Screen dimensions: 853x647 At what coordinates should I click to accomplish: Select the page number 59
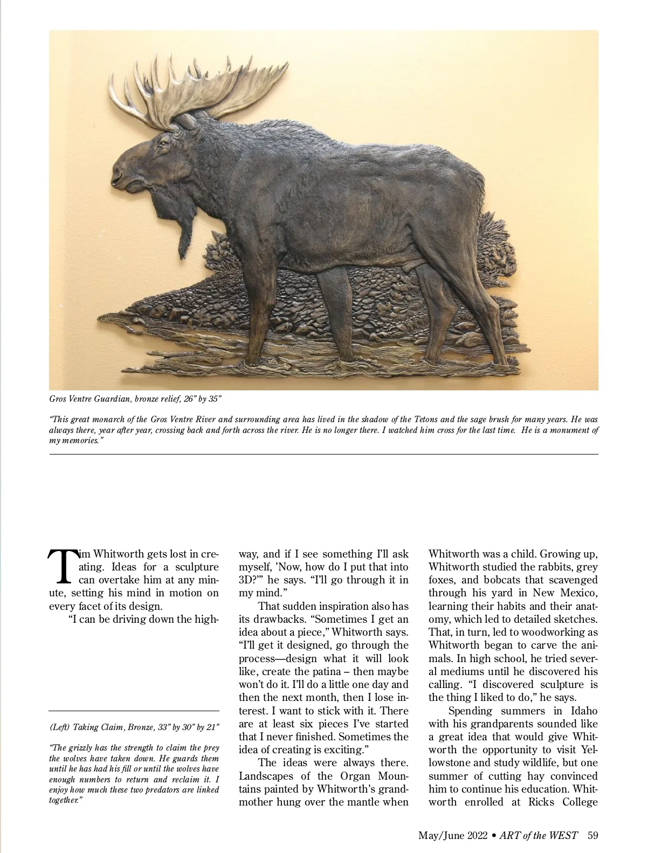click(x=593, y=836)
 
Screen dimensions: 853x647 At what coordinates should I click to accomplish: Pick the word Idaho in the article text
click(x=584, y=711)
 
